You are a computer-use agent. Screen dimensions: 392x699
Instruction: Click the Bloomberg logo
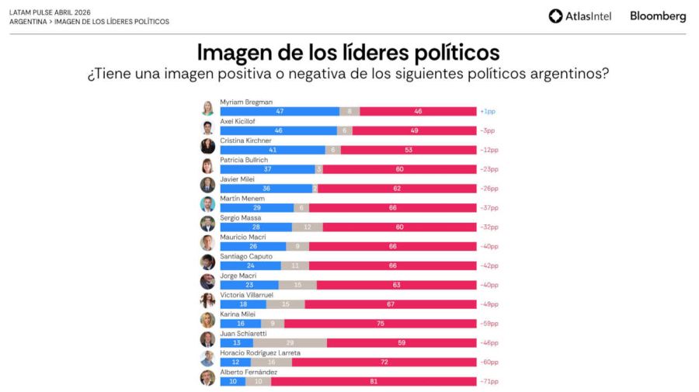point(658,16)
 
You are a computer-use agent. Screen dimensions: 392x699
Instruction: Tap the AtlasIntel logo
point(579,16)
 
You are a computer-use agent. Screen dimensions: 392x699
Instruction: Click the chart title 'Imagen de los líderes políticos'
point(348,53)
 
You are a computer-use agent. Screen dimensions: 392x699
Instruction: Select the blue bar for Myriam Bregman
point(280,112)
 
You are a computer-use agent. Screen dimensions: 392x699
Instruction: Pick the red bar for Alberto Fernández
point(374,382)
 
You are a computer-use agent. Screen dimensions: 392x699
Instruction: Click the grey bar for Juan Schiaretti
point(290,343)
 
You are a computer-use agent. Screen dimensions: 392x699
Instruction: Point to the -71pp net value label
point(489,382)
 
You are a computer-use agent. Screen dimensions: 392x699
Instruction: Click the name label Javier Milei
point(237,179)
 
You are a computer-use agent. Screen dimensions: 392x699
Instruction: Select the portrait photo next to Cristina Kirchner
point(207,146)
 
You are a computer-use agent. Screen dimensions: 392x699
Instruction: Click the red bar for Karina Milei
point(380,324)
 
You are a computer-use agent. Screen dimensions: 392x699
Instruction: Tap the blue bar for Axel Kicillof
point(278,130)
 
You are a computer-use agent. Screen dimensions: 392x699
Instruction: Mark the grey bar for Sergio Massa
point(307,227)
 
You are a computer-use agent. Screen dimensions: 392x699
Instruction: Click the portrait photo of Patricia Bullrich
point(207,165)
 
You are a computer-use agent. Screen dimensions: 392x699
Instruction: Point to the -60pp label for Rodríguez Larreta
point(489,363)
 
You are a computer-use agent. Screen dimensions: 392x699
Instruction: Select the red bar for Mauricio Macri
point(392,247)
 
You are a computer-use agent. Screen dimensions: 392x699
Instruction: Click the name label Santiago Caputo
point(244,256)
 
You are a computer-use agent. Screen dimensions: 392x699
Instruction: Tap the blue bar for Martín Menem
point(256,208)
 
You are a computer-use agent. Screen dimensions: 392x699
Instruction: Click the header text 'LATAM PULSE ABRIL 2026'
point(50,12)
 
